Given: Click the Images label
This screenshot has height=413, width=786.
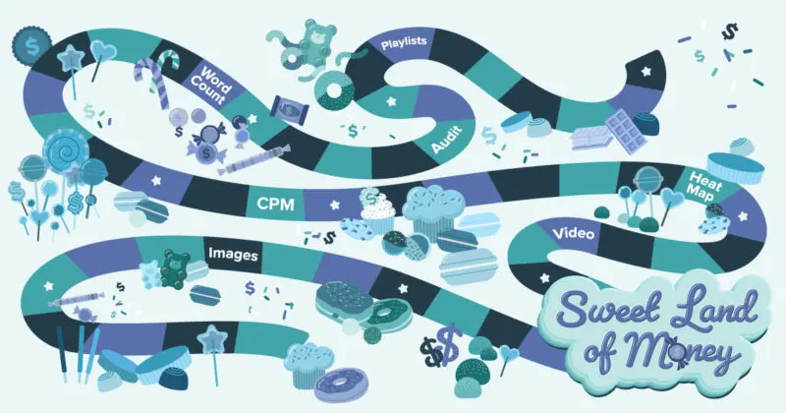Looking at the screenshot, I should coord(233,255).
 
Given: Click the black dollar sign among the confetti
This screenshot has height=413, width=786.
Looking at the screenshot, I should coord(729,32).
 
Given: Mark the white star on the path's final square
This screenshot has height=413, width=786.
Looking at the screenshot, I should coord(646,70).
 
